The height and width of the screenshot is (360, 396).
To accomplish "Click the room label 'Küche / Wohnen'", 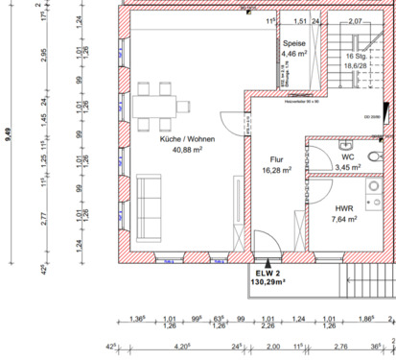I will coord(187,139).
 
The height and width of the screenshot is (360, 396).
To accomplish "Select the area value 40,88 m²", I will coord(187,150).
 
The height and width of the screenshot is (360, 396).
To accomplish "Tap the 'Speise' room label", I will coord(294,43).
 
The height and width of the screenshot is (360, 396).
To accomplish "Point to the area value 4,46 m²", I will coord(294,55).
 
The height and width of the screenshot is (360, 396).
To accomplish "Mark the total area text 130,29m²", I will coord(269,283).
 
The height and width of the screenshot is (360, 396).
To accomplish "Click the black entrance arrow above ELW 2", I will coord(269,262).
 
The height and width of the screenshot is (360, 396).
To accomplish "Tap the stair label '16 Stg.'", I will coord(356,58).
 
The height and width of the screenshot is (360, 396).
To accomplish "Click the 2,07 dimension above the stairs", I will coord(355,20).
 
